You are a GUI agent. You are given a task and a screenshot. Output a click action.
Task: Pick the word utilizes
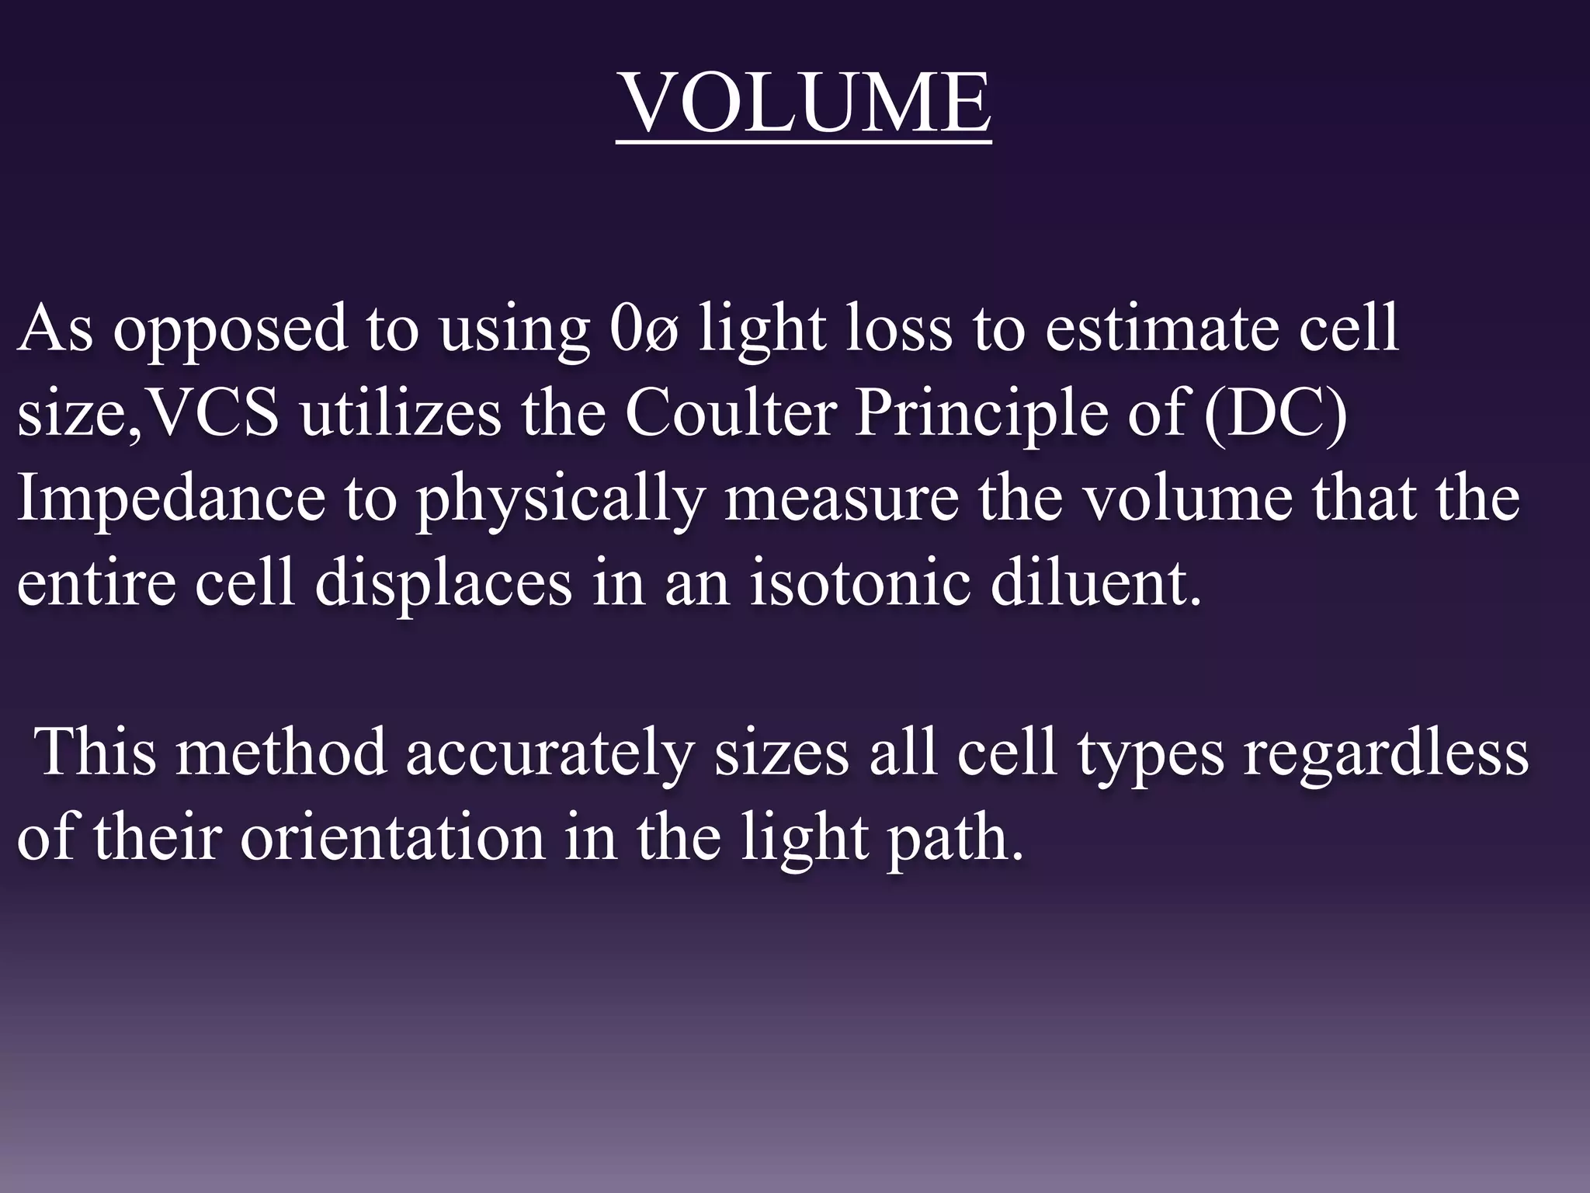401,413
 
